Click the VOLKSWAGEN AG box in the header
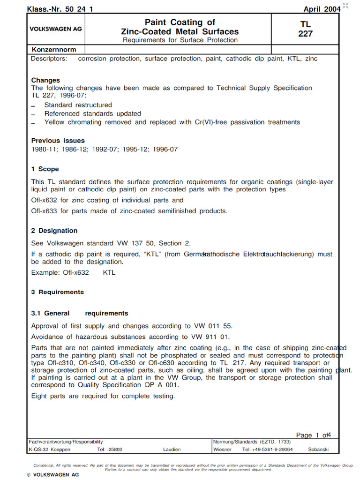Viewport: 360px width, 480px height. (56, 29)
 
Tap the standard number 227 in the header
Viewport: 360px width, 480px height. (305, 34)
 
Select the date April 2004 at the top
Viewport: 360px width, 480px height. (322, 9)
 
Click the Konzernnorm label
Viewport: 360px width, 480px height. (54, 49)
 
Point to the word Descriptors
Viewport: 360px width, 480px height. (49, 59)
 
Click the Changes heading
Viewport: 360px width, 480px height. (45, 80)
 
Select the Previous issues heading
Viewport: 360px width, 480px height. (58, 140)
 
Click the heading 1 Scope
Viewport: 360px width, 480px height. (45, 169)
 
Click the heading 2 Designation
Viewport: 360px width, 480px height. (54, 231)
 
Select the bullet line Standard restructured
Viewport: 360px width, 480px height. (78, 105)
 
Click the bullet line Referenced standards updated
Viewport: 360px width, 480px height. (92, 113)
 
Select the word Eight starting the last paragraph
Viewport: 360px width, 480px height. (39, 396)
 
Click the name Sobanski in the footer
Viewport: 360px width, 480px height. (318, 449)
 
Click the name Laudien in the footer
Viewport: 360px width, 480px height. (172, 449)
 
